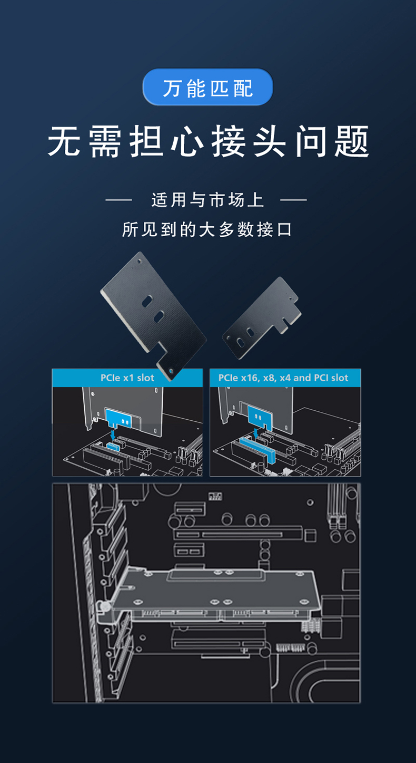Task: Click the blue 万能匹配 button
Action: pos(207,88)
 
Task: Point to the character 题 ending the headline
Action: pos(352,141)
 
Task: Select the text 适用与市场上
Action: pos(207,200)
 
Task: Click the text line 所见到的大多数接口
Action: pos(207,230)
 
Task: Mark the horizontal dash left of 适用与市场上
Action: pos(119,200)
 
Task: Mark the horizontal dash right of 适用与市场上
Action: pos(293,200)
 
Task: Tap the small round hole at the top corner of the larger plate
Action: pos(139,260)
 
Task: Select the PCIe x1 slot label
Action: pos(127,378)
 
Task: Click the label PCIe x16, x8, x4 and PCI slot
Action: pos(283,378)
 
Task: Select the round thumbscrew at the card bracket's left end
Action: pos(105,607)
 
